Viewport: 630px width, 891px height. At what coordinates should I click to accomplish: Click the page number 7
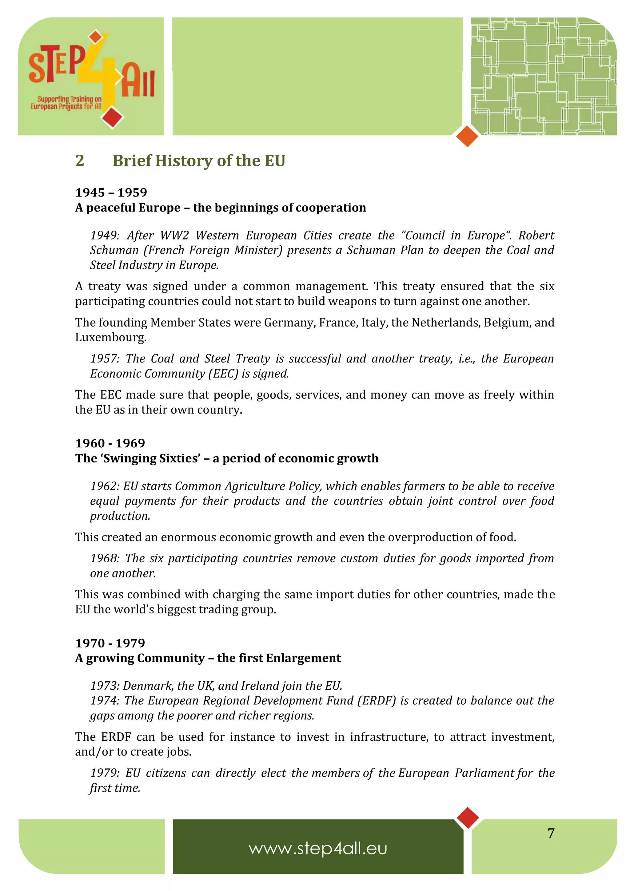click(x=551, y=833)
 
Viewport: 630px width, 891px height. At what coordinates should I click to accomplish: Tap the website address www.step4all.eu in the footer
click(x=318, y=848)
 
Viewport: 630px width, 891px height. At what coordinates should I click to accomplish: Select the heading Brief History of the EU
click(x=199, y=161)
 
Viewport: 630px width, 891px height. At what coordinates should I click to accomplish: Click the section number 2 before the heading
click(x=80, y=161)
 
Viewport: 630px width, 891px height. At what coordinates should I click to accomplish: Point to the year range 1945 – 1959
click(x=111, y=192)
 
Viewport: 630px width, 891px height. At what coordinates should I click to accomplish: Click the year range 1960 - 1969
click(x=110, y=443)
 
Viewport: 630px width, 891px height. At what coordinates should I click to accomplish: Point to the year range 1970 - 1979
click(x=110, y=643)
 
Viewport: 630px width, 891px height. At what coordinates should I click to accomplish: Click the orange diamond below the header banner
click(x=467, y=136)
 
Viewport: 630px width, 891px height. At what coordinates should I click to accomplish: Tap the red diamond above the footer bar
click(x=468, y=818)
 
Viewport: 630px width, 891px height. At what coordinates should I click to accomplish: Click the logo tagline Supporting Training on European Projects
click(x=66, y=103)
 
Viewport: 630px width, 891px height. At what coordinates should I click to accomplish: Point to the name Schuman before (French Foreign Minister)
click(x=114, y=250)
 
